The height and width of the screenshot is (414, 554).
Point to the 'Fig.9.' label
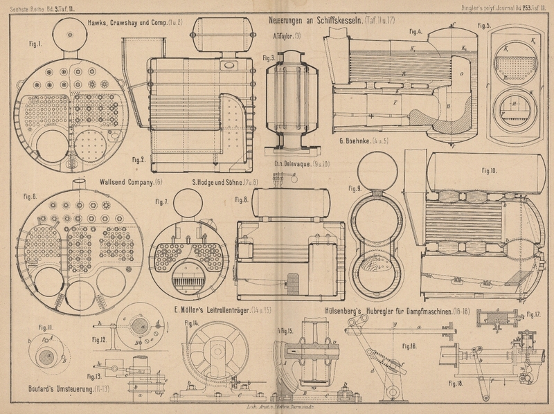pos(355,188)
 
